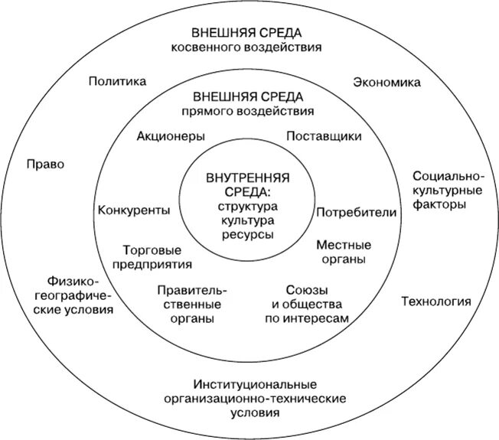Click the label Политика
point(117,81)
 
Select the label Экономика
point(386,81)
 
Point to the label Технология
point(435,301)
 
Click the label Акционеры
point(171,136)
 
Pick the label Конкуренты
point(134,210)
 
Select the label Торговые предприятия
point(156,257)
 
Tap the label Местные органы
point(344,252)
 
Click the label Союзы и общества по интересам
point(307,304)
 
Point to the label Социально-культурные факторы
point(447,191)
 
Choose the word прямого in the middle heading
point(212,112)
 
